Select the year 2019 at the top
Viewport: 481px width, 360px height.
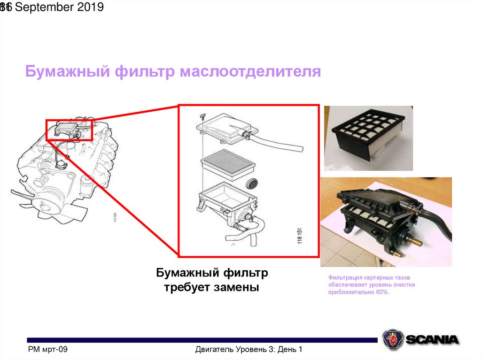pos(90,8)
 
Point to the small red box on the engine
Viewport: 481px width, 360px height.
pos(70,129)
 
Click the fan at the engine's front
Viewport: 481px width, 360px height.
pos(21,195)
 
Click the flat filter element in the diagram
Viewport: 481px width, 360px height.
pos(228,162)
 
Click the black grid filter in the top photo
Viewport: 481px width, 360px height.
pos(369,127)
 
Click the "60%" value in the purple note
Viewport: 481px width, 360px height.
pos(382,292)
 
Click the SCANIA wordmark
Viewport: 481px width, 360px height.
pos(432,339)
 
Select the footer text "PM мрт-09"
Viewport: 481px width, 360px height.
pos(48,349)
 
